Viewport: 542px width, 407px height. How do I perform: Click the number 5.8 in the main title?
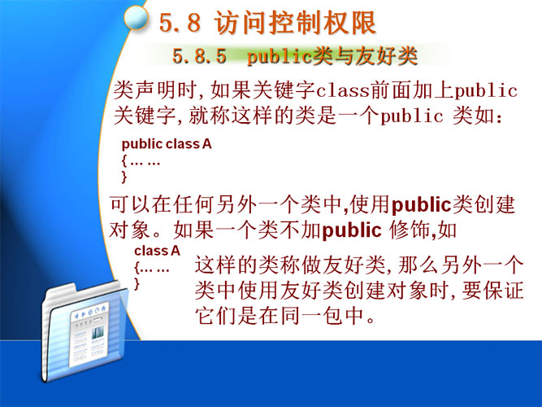click(180, 23)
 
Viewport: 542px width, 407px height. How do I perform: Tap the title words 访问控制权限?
click(295, 23)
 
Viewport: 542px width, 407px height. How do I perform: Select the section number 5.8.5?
click(199, 56)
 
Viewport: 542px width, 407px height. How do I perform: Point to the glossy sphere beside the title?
click(137, 18)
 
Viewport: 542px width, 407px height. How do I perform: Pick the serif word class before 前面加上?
click(343, 90)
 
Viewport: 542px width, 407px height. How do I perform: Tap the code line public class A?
click(167, 144)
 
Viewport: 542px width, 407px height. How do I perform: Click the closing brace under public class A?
click(124, 177)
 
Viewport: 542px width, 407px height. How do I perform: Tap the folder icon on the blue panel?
click(84, 330)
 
